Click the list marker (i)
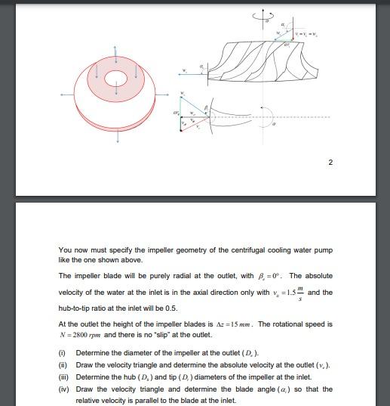coord(62,353)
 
